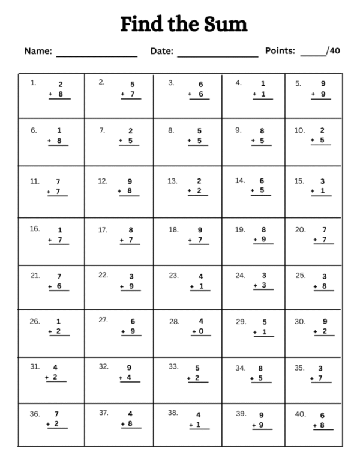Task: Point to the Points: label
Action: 280,51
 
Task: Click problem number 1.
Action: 33,83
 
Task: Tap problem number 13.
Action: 172,180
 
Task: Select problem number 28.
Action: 174,321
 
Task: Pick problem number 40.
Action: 301,414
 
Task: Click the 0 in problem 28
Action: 201,331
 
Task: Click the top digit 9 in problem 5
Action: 323,84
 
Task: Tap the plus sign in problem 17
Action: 121,240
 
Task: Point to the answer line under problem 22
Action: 130,291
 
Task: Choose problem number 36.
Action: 35,414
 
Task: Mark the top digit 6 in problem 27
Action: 132,321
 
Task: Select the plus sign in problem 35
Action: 312,378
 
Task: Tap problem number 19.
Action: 239,229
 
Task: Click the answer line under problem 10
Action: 320,146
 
